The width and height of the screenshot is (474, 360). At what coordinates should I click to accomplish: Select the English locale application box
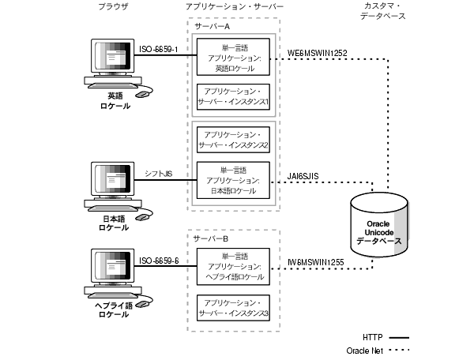click(x=234, y=58)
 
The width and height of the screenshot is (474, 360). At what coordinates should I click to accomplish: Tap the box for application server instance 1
click(x=234, y=98)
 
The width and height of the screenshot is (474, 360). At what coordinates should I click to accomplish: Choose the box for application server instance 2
click(x=234, y=140)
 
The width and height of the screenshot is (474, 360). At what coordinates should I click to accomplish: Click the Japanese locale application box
click(x=234, y=182)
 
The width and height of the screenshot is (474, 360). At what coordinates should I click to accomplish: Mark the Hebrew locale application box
click(x=234, y=267)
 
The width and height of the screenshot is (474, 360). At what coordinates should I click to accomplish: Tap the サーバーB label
click(x=211, y=237)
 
